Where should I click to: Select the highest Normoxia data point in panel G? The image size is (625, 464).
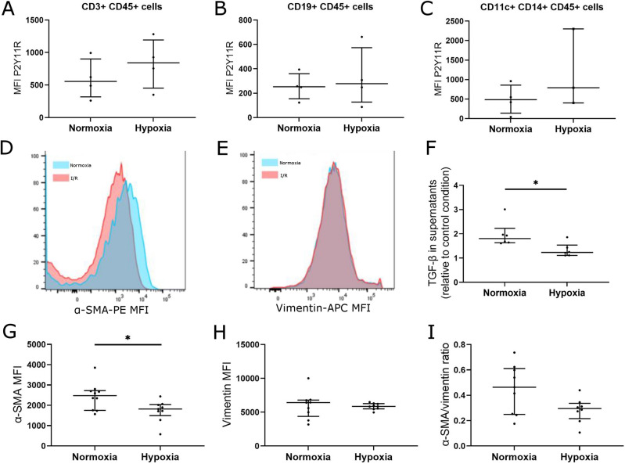coord(95,368)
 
